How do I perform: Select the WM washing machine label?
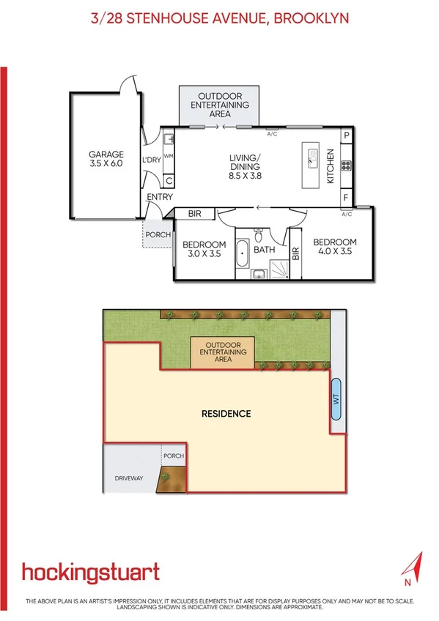[x=168, y=156]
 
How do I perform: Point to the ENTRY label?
[x=160, y=197]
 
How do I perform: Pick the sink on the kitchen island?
[x=312, y=159]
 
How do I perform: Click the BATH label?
[x=264, y=250]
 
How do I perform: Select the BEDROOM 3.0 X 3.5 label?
[x=204, y=250]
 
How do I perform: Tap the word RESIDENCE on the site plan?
[x=226, y=414]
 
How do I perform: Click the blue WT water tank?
[x=336, y=399]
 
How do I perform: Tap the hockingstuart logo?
[x=90, y=573]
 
